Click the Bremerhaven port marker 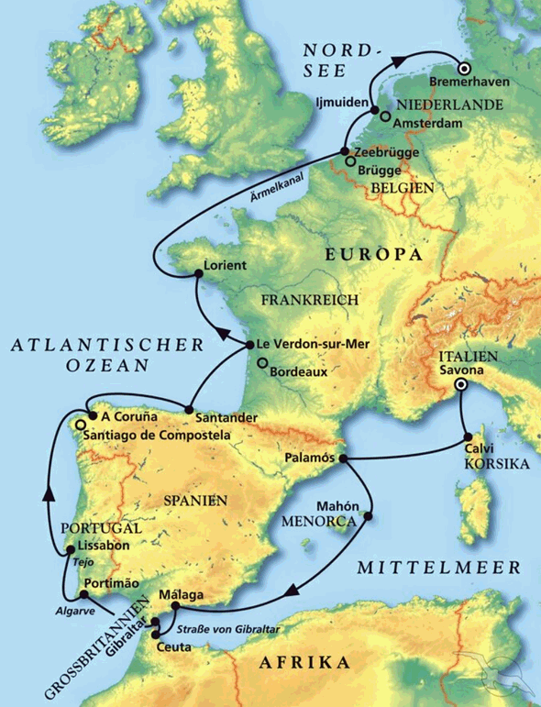click(x=464, y=68)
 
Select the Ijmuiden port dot click(x=375, y=112)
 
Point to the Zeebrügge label click(x=381, y=150)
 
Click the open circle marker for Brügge click(x=349, y=162)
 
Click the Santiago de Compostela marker click(x=81, y=425)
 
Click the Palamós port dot click(x=341, y=458)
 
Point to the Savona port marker click(x=462, y=385)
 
